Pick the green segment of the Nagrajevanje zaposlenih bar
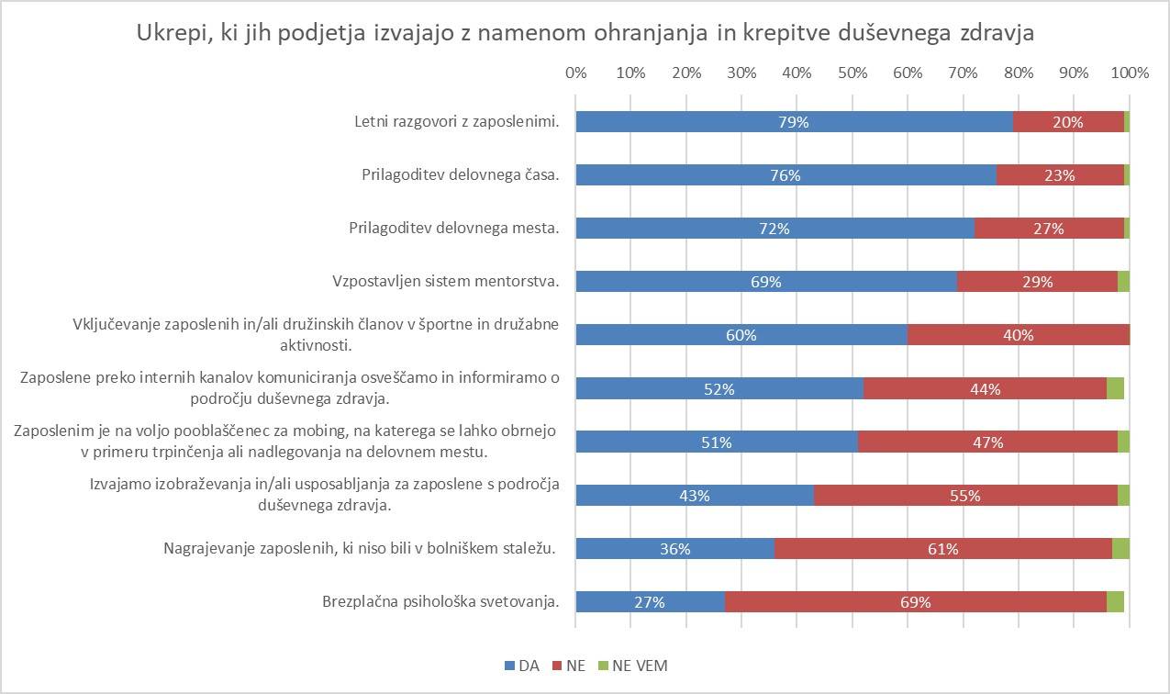tap(1120, 549)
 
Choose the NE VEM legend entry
tap(633, 666)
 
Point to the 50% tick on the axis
tap(852, 73)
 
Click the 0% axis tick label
tap(576, 73)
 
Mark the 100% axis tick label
tap(1130, 73)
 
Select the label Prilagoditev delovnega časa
tap(460, 175)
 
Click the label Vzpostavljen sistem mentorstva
tap(445, 282)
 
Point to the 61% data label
tap(943, 549)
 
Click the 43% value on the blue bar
tap(695, 496)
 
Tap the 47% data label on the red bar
tap(988, 442)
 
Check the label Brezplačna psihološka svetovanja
tap(440, 602)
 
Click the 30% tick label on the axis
tap(741, 73)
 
